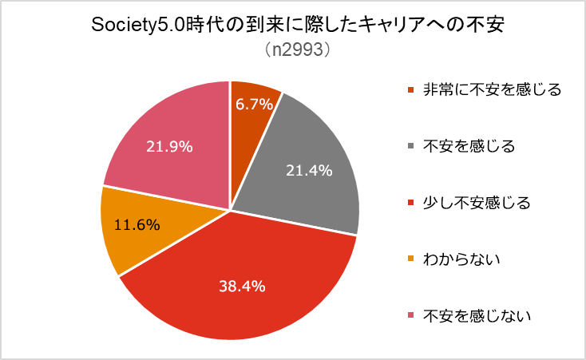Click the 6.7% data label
[x=255, y=103]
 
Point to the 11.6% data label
[x=137, y=224]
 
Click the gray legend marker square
[x=410, y=146]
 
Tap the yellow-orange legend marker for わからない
[x=410, y=259]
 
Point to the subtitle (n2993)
[x=292, y=49]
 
